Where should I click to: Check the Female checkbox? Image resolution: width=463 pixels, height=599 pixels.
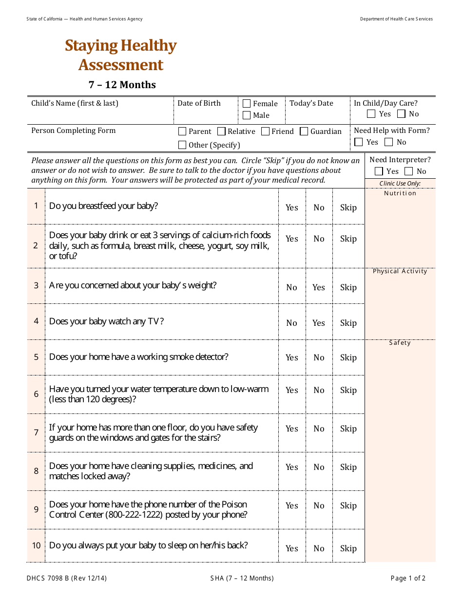[x=247, y=103]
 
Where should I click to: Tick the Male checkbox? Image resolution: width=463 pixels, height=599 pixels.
[x=247, y=115]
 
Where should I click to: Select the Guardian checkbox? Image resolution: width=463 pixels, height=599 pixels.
[x=304, y=131]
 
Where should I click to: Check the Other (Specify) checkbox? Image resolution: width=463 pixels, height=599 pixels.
[x=182, y=145]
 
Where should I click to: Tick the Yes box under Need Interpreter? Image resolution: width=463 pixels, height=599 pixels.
[x=379, y=171]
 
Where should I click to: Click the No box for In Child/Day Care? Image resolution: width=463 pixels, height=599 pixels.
[x=401, y=114]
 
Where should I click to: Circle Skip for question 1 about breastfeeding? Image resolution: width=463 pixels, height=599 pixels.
[x=348, y=207]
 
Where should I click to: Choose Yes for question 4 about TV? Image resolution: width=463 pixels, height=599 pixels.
[x=319, y=323]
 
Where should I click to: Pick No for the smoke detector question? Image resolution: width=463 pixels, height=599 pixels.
[x=319, y=357]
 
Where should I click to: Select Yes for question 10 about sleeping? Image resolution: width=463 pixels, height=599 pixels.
[x=292, y=548]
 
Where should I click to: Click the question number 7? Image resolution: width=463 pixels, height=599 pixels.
[x=36, y=432]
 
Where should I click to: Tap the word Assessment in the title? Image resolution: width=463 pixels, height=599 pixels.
[x=121, y=65]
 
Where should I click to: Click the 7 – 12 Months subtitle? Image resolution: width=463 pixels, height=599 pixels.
[x=122, y=85]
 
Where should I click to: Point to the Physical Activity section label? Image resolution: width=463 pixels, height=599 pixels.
[x=400, y=271]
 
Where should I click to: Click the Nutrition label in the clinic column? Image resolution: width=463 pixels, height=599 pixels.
[x=400, y=193]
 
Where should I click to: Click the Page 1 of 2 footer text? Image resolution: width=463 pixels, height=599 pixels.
[x=408, y=579]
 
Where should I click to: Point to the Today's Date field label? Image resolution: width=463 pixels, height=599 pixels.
[x=311, y=103]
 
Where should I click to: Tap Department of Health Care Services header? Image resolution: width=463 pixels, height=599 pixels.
[x=396, y=19]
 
